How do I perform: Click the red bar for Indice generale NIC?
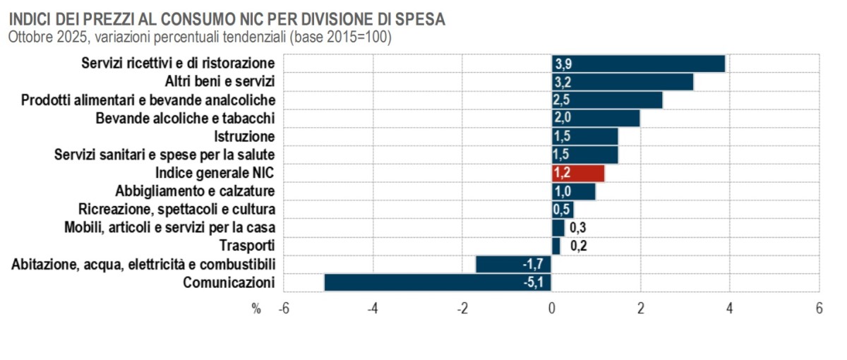tap(578, 173)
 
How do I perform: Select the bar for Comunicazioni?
tap(438, 282)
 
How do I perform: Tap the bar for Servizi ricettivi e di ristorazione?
tap(639, 64)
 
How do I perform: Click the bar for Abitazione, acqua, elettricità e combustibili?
tap(513, 264)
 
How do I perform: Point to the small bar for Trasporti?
tap(556, 246)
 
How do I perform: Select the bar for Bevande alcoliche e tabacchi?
tap(596, 118)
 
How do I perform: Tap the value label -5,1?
tap(533, 283)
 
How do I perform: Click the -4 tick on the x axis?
tap(373, 309)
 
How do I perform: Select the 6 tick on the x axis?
tap(819, 309)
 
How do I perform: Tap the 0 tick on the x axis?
tap(551, 309)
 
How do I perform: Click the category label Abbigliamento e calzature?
tap(195, 191)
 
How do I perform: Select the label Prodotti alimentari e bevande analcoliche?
tap(148, 100)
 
